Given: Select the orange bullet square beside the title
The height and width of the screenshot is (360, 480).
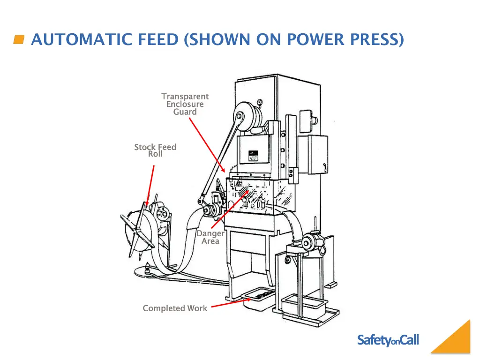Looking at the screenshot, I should [x=19, y=40].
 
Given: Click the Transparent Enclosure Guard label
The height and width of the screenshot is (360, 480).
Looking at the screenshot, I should [x=185, y=104].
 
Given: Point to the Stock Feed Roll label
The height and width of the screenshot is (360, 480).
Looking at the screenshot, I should [x=155, y=150].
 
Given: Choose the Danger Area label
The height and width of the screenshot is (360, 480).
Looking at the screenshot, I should [x=210, y=237].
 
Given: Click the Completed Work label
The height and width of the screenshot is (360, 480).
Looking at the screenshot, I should [x=175, y=308].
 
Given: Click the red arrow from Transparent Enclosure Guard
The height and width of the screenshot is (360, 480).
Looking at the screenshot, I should [x=207, y=145].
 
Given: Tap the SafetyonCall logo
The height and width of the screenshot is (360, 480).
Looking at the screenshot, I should [x=388, y=340].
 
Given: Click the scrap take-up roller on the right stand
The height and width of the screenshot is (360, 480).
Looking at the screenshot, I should [x=310, y=242].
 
